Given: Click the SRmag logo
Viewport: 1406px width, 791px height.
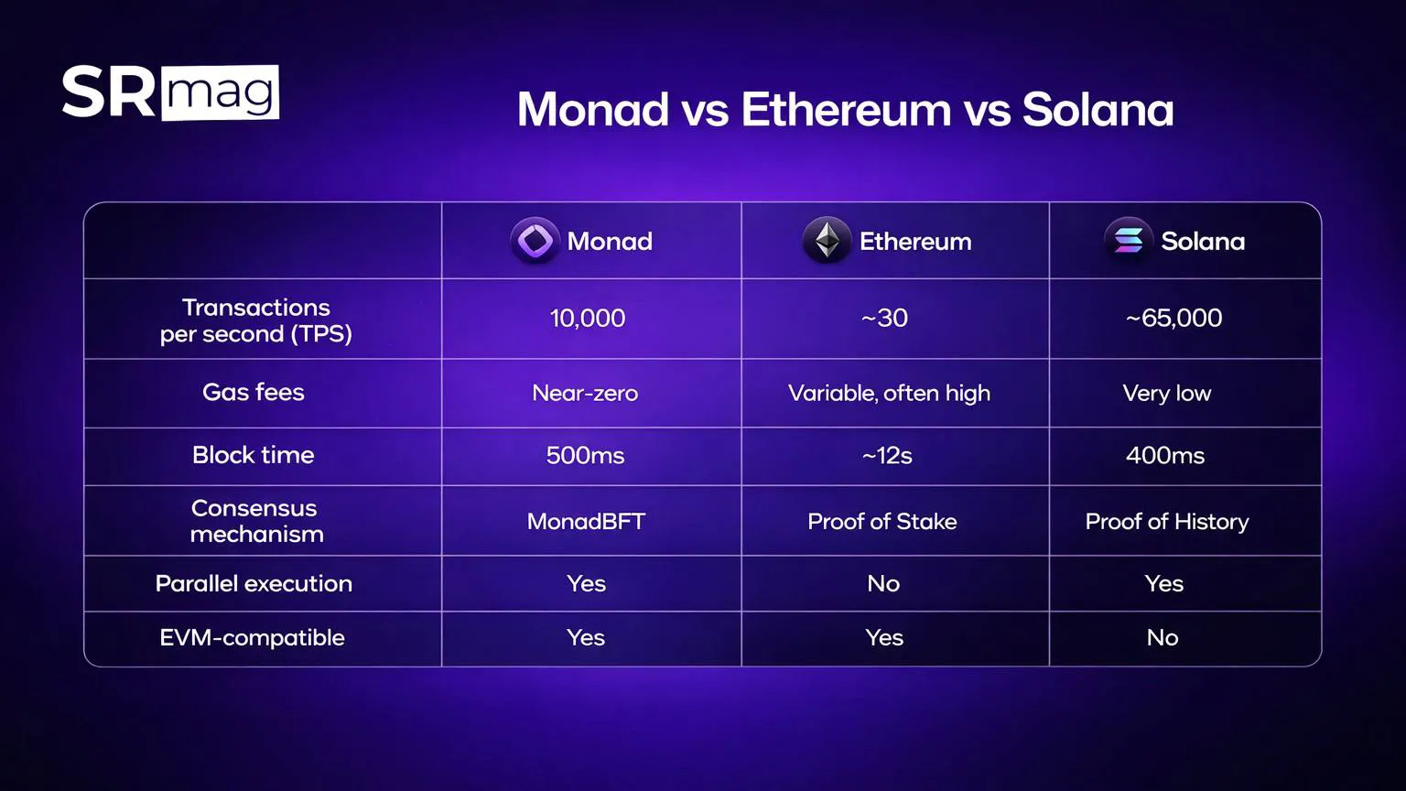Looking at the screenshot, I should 170,92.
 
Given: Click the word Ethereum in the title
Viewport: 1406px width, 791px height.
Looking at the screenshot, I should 846,110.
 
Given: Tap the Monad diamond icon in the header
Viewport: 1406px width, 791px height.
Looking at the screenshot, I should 535,241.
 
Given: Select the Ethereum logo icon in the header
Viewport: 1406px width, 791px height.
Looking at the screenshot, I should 827,241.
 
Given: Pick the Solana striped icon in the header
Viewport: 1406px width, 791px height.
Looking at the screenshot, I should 1128,241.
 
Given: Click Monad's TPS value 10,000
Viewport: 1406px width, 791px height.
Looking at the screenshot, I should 587,319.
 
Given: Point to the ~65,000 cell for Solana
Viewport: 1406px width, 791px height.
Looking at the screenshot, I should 1173,319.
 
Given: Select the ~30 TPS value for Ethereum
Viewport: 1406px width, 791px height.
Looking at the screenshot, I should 884,319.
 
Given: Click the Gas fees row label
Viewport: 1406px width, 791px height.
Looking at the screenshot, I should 254,393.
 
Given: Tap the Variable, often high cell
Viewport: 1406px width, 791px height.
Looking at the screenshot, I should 889,394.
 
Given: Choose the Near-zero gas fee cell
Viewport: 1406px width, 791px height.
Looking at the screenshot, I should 585,394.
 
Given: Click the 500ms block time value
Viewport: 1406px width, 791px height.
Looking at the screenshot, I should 585,456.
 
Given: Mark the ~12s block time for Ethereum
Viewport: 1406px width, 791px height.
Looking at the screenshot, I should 886,456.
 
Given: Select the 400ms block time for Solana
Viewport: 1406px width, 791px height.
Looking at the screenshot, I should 1165,456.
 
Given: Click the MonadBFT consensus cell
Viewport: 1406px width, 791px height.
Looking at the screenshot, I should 586,522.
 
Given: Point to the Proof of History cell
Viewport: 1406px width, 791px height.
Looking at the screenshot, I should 1167,522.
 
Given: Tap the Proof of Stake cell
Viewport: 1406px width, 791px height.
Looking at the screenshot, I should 882,522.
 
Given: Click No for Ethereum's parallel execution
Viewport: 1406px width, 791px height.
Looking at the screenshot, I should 883,584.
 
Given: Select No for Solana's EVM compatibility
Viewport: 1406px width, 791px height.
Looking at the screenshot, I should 1163,638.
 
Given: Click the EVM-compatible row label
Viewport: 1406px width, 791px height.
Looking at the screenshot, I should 253,638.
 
